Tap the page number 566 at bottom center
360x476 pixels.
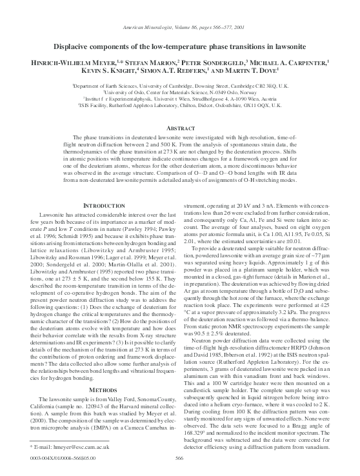[179, 457]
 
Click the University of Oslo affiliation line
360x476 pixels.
[179, 91]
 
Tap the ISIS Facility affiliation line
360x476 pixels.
[179, 103]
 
